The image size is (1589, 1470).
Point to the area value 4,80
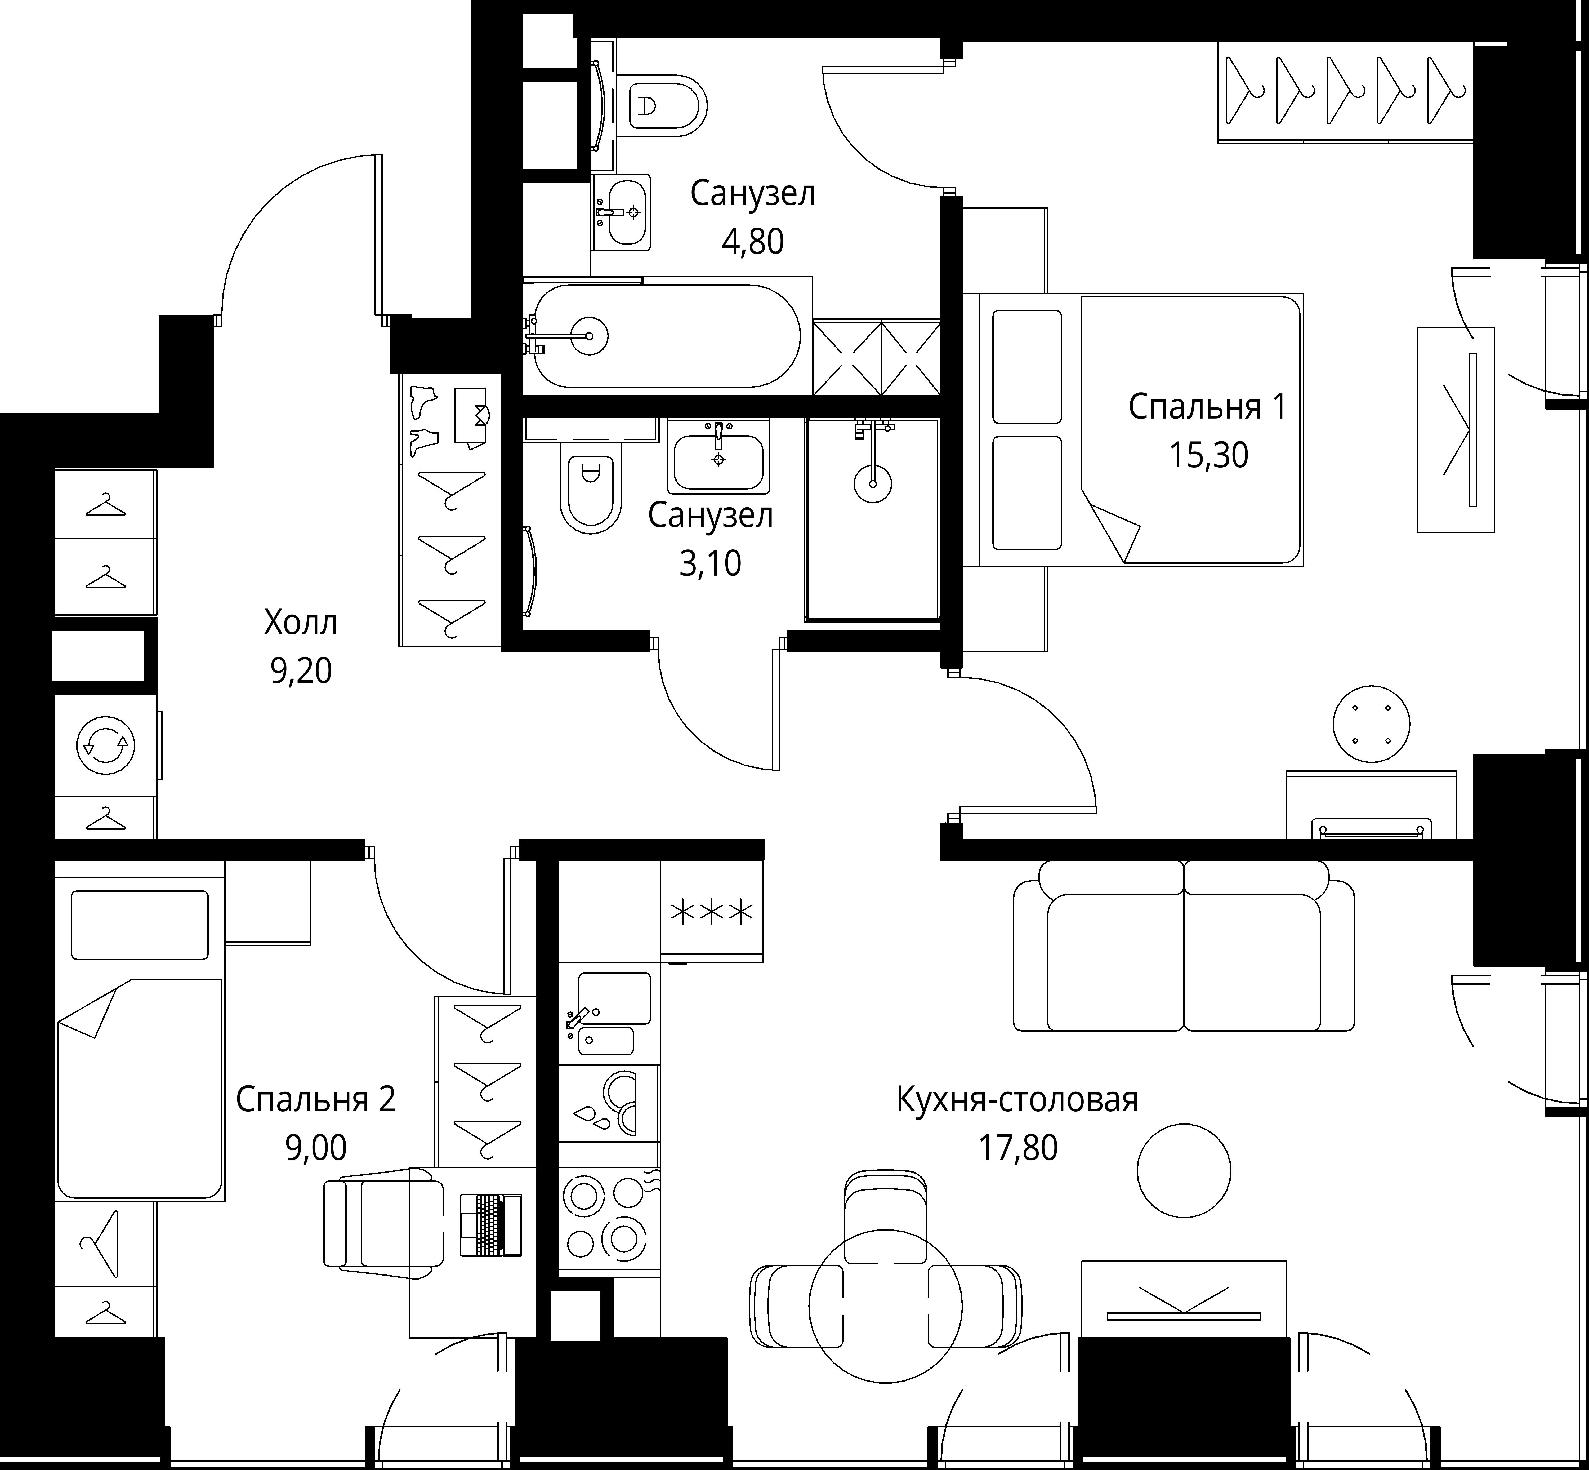pyautogui.click(x=752, y=241)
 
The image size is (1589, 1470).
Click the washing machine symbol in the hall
pyautogui.click(x=105, y=745)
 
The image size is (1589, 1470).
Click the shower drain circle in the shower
pyautogui.click(x=872, y=483)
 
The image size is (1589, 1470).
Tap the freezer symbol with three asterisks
pyautogui.click(x=712, y=912)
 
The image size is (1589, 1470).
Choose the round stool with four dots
pyautogui.click(x=1371, y=724)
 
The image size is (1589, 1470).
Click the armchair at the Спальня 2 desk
pyautogui.click(x=383, y=1223)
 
